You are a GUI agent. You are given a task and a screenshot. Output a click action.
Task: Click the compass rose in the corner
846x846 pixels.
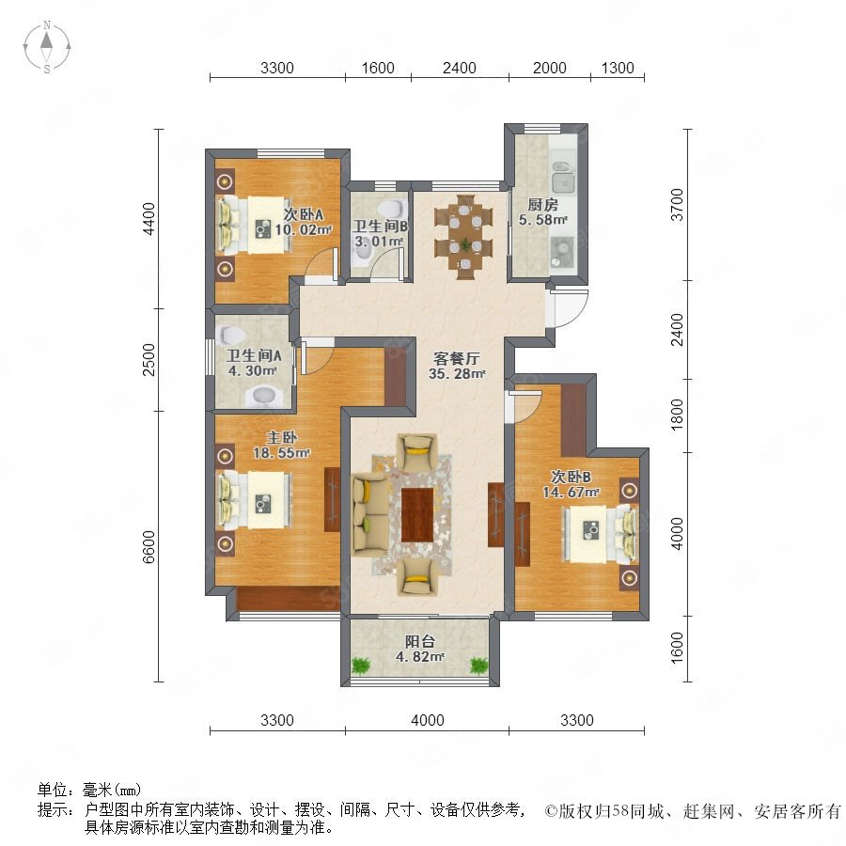(x=47, y=47)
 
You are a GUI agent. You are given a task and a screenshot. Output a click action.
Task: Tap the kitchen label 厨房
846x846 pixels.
(x=542, y=205)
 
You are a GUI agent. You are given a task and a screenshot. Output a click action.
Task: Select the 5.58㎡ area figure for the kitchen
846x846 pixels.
(x=542, y=220)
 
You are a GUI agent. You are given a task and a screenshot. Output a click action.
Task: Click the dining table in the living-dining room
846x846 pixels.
(x=463, y=237)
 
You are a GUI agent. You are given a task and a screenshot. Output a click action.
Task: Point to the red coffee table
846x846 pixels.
(x=417, y=515)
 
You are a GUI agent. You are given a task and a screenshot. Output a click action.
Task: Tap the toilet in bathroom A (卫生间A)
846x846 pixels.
(x=232, y=335)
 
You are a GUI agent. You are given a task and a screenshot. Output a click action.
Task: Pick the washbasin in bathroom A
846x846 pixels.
(x=264, y=396)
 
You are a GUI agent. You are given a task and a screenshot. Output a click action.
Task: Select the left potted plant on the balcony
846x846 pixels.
(x=359, y=665)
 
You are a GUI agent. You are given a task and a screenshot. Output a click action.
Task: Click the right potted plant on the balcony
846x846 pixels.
(x=478, y=665)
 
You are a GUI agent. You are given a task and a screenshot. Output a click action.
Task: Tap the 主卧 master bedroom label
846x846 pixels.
(x=282, y=438)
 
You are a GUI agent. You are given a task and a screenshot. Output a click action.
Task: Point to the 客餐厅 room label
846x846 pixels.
(x=457, y=359)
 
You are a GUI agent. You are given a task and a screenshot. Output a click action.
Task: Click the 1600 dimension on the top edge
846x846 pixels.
(x=378, y=68)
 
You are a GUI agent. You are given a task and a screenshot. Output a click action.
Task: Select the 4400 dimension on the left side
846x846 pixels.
(x=149, y=218)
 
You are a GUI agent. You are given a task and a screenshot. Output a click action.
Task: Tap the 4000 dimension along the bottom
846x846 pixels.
(x=428, y=720)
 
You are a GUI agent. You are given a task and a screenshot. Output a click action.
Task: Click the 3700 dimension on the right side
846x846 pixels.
(x=677, y=205)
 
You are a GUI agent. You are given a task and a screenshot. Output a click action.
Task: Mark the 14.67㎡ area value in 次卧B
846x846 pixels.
(x=571, y=492)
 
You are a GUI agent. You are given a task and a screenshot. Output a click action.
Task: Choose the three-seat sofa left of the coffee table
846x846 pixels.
(x=369, y=514)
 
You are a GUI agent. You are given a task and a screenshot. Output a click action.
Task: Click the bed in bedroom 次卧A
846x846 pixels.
(x=254, y=225)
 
